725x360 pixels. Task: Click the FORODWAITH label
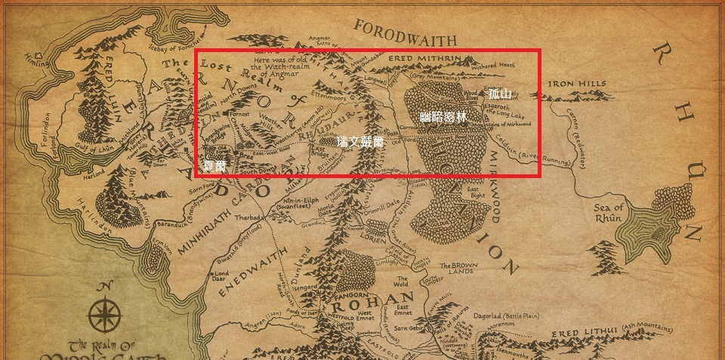click(x=405, y=34)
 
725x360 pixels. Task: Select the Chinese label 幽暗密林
click(x=443, y=117)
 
